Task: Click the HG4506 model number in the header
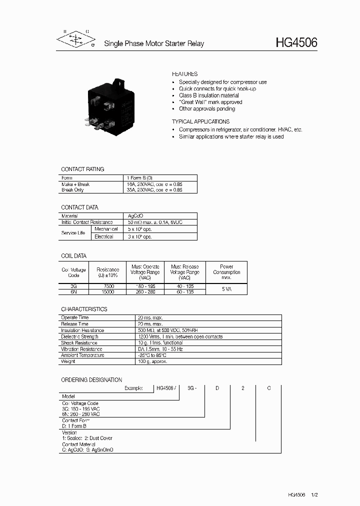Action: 296,43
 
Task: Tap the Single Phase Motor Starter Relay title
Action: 154,44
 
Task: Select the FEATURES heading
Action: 185,74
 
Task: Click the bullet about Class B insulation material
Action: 208,95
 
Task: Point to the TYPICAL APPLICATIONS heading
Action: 200,121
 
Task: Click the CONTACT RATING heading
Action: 82,169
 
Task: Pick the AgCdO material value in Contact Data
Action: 136,216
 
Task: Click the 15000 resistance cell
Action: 108,291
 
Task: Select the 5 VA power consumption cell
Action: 226,289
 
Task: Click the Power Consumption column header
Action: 226,272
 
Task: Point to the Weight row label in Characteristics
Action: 68,361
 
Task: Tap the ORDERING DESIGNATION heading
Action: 91,380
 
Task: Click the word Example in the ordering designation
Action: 133,388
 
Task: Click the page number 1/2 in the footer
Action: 314,494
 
